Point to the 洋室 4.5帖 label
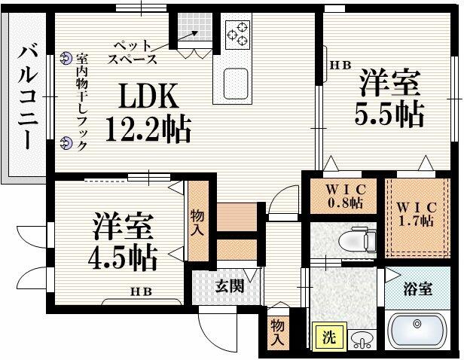125,241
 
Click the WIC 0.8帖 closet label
345,195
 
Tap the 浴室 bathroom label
420,287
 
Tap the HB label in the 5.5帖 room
341,66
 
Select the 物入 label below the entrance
276,331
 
